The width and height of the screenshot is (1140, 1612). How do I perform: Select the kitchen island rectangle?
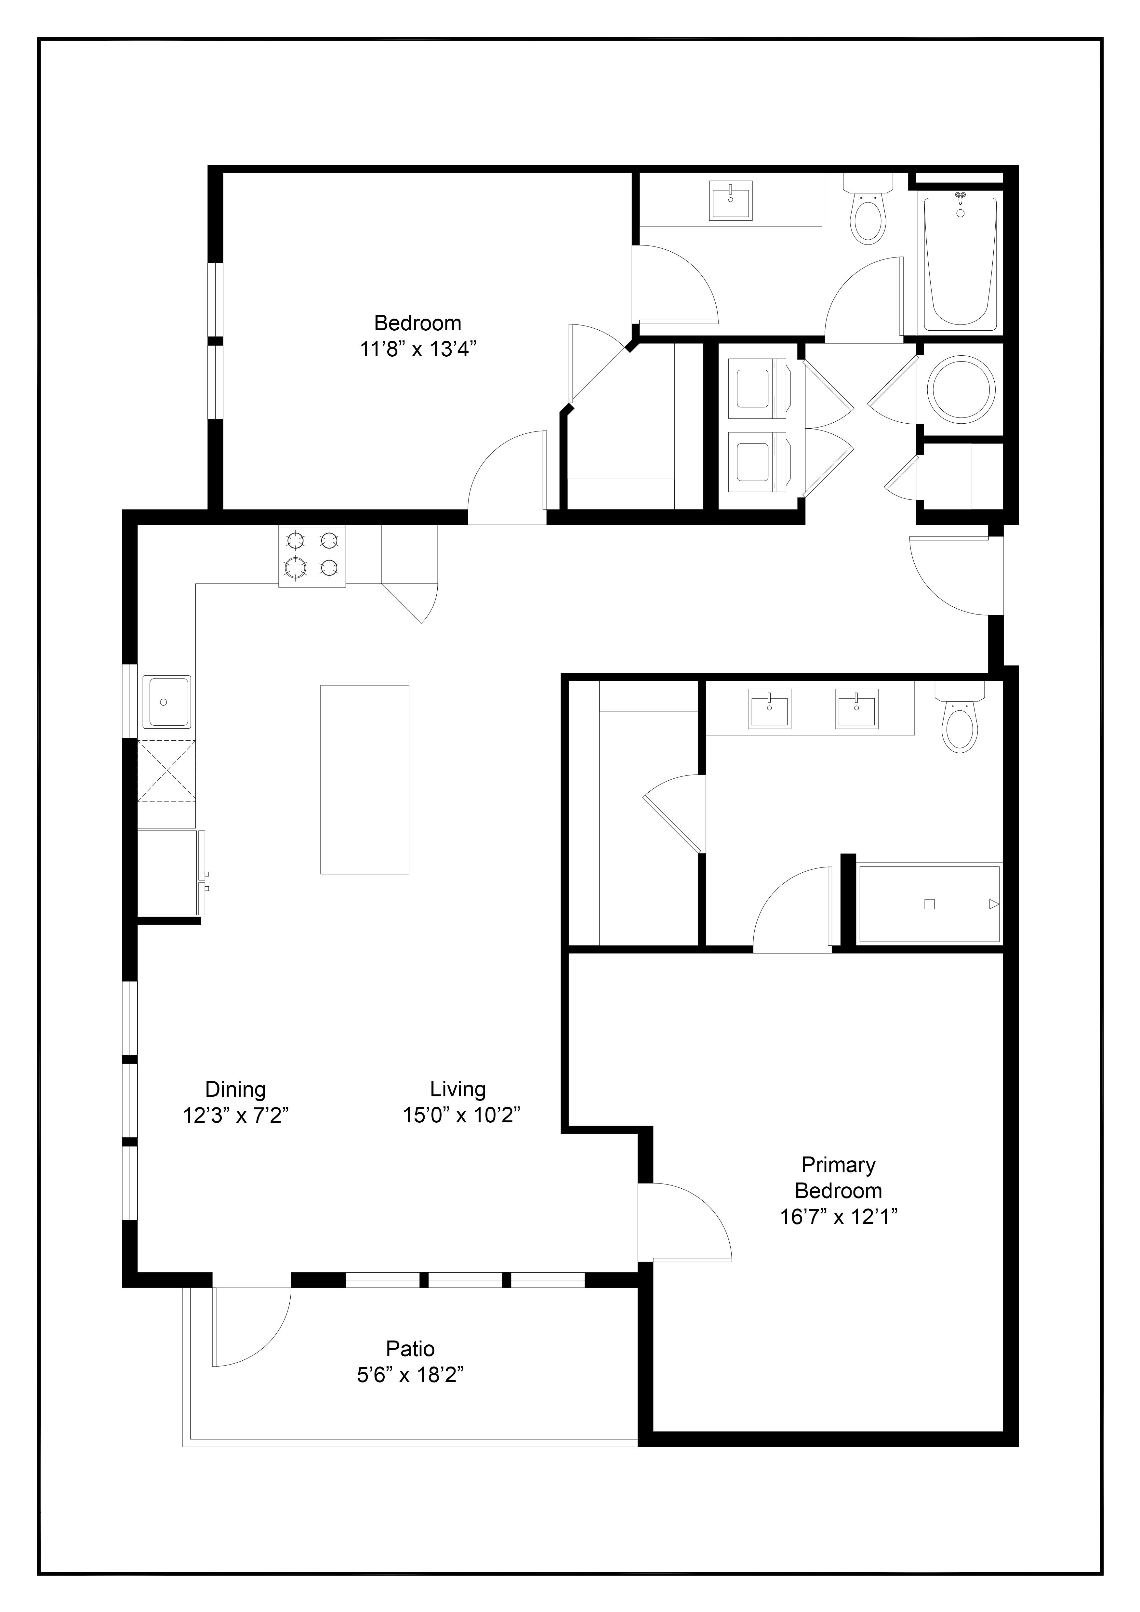coord(364,779)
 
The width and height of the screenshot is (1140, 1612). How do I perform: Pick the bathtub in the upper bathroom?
coord(960,264)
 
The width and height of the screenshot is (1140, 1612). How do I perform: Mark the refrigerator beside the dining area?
coord(168,873)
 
